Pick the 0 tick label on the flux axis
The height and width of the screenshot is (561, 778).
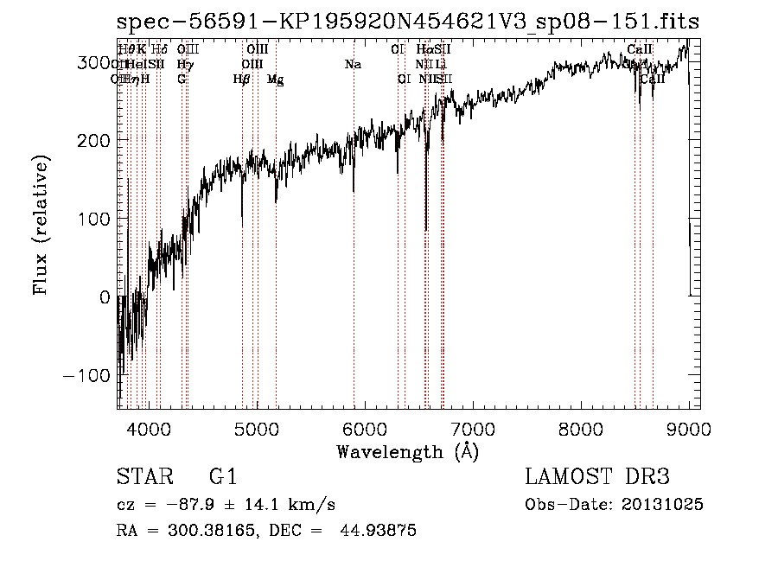coord(104,297)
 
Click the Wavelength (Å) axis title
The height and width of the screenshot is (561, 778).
coord(407,452)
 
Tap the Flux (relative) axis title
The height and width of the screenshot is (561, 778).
coord(41,225)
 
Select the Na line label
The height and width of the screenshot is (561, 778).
coord(353,64)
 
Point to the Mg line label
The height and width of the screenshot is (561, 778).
coord(276,80)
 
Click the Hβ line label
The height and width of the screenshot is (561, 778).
coord(241,80)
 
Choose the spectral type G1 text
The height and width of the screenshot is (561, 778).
coord(222,477)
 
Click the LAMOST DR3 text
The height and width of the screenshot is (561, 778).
coord(597,477)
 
